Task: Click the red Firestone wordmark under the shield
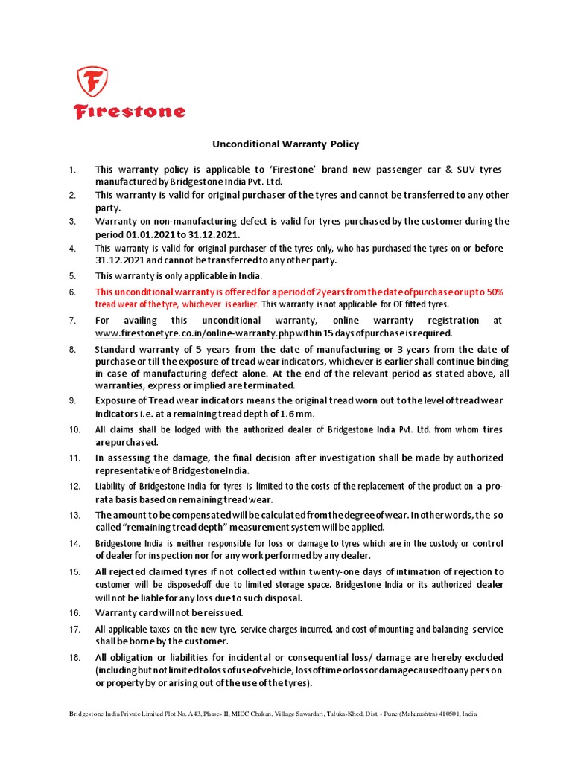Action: (129, 112)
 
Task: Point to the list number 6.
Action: (73, 292)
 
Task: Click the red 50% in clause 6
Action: (495, 292)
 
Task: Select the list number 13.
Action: (74, 515)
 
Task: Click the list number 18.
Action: (74, 657)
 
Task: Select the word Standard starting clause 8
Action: (119, 350)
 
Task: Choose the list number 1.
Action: (73, 170)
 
